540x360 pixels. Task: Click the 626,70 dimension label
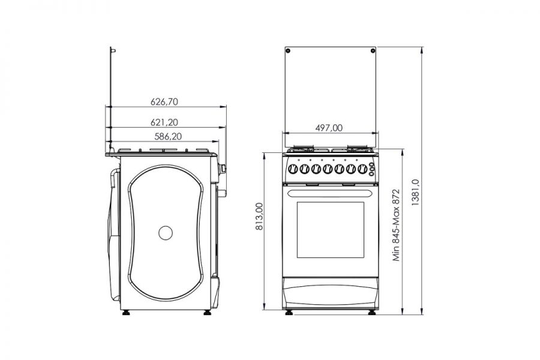point(164,101)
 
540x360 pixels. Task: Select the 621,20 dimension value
point(164,122)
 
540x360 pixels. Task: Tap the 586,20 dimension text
point(168,136)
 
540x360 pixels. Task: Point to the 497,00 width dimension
point(329,128)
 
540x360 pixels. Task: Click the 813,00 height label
point(259,217)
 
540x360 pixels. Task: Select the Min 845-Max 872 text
point(397,225)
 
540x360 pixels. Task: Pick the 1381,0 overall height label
point(415,193)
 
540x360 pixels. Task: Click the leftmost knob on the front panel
point(293,169)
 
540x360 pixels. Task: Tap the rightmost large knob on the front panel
point(362,169)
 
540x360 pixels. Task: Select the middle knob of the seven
point(328,169)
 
